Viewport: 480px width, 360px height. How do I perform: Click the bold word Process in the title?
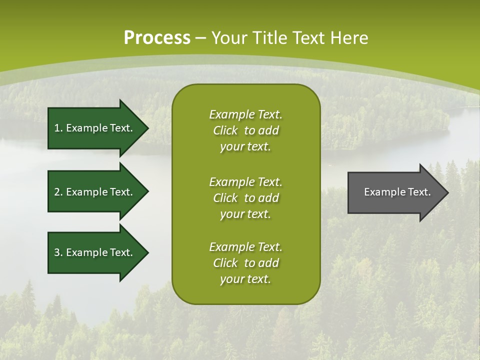[157, 38]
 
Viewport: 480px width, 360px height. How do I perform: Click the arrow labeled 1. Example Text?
[95, 128]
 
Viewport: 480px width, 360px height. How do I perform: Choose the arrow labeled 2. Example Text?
[95, 192]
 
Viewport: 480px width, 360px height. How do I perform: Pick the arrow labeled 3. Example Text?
[95, 252]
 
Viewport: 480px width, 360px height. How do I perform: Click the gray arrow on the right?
[395, 192]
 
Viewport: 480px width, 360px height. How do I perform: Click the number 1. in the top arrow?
[58, 128]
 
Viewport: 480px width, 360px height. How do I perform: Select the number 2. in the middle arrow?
[58, 192]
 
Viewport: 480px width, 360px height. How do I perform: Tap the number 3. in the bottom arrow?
[58, 252]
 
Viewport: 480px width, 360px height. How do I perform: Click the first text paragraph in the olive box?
[245, 130]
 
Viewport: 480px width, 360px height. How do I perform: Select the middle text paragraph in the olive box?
[245, 198]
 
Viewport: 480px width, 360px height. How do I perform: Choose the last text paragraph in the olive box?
[245, 263]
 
